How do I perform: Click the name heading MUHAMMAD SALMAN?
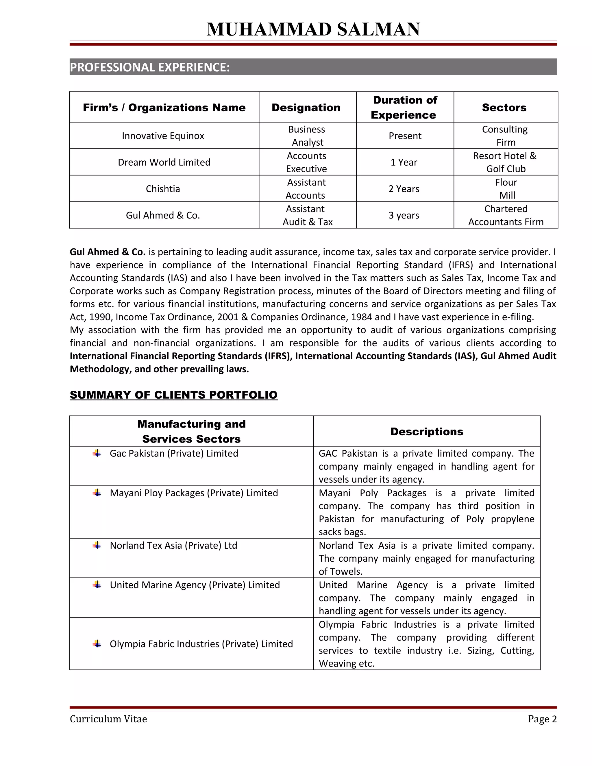pyautogui.click(x=313, y=29)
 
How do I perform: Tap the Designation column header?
pyautogui.click(x=306, y=107)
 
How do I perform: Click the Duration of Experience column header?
pyautogui.click(x=405, y=107)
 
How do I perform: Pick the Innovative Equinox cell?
pyautogui.click(x=163, y=136)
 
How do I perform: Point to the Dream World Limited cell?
pyautogui.click(x=164, y=162)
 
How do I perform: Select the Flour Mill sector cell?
pyautogui.click(x=506, y=189)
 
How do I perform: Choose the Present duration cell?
pyautogui.click(x=405, y=136)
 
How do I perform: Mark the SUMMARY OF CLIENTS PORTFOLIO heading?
pyautogui.click(x=174, y=395)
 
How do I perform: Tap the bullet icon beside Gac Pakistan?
pyautogui.click(x=97, y=453)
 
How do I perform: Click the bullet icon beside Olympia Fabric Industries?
pyautogui.click(x=97, y=644)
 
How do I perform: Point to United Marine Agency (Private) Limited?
pyautogui.click(x=195, y=585)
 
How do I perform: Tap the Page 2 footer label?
pyautogui.click(x=542, y=719)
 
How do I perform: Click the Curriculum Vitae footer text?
pyautogui.click(x=108, y=719)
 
